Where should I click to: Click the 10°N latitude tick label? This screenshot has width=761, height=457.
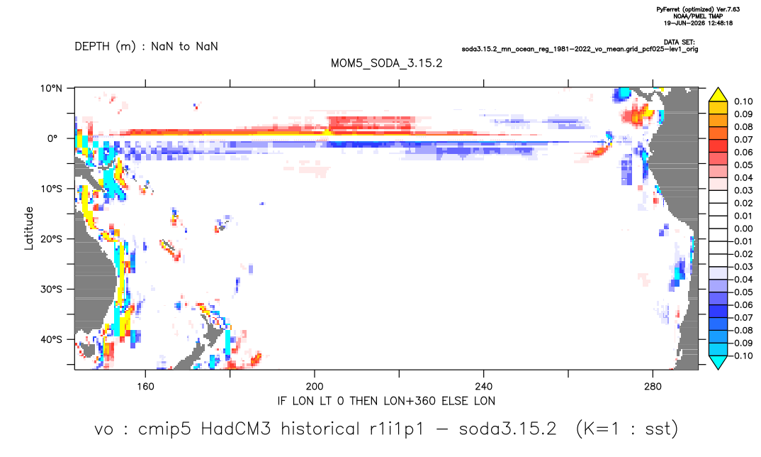coord(51,89)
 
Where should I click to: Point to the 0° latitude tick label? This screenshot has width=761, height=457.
coord(52,138)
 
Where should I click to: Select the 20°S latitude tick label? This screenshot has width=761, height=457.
coord(51,239)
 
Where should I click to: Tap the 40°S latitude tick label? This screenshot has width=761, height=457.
coord(51,339)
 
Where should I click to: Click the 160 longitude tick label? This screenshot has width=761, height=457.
coord(145,387)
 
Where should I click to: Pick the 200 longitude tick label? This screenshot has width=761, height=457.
coord(315,387)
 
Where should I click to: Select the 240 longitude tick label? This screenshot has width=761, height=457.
coord(484,387)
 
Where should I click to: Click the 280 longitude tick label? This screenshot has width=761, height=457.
coord(653,387)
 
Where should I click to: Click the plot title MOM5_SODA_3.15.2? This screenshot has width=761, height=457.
coord(386,63)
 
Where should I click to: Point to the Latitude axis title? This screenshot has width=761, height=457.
coord(29,228)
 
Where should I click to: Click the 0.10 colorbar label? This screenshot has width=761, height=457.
coord(743,101)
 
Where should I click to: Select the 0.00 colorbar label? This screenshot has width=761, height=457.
coord(743,228)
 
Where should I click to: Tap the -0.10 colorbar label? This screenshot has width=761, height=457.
coord(742,356)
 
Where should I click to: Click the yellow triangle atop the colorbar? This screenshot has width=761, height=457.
coord(718,95)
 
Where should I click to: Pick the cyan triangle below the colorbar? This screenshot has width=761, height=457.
coord(718,362)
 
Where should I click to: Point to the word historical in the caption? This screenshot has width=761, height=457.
coord(320,429)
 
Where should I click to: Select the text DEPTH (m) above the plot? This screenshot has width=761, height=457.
coord(106,47)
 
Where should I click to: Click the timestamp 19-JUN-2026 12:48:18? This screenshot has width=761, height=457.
coord(699,23)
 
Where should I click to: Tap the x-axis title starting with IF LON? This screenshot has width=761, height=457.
coord(386,401)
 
